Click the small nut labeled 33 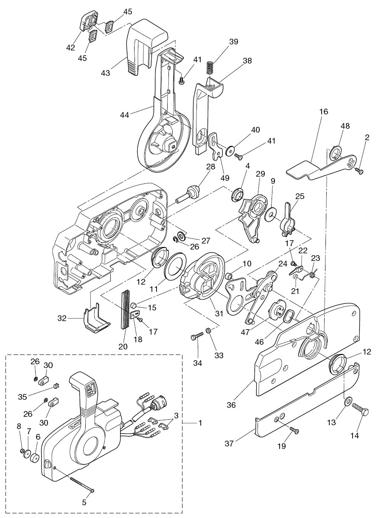click(209, 330)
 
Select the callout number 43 click(106, 73)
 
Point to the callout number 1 click(200, 423)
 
